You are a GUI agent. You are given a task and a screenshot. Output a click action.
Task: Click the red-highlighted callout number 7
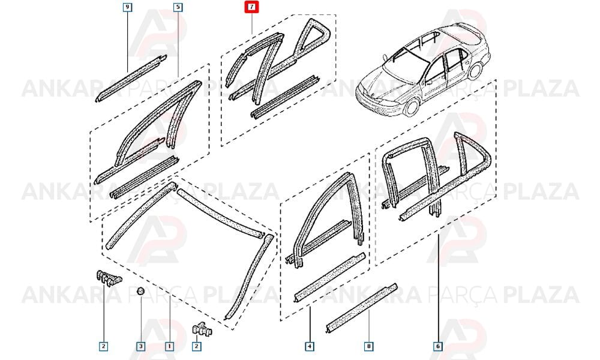click(x=252, y=7)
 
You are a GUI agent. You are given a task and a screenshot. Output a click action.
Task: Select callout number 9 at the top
click(x=127, y=7)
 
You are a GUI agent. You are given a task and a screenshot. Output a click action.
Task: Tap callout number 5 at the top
click(x=178, y=7)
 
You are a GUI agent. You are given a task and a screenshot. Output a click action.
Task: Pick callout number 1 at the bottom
click(x=170, y=346)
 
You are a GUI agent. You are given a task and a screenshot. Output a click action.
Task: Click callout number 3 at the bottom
click(x=141, y=346)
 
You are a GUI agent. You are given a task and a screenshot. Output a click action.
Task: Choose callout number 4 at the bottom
click(x=310, y=346)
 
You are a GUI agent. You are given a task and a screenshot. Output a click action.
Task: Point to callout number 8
click(x=368, y=346)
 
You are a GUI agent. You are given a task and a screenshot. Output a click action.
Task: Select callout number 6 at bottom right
click(x=438, y=346)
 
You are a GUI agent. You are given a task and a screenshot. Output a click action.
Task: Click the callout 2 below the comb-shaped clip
click(x=103, y=346)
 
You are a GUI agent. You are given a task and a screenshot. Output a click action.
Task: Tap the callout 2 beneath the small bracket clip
click(x=196, y=346)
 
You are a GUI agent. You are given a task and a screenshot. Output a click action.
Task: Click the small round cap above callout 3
click(x=141, y=291)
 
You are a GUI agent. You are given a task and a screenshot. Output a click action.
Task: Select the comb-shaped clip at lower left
click(x=107, y=277)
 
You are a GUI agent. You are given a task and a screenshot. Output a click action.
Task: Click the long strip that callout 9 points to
click(x=131, y=79)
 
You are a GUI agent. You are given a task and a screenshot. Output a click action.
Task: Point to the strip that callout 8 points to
click(x=361, y=308)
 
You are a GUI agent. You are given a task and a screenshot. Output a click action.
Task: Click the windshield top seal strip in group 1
click(x=220, y=212)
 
